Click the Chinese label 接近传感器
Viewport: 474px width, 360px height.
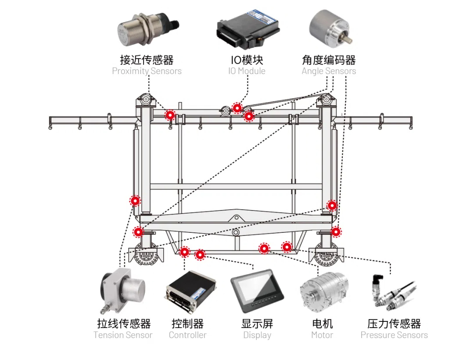tap(147, 60)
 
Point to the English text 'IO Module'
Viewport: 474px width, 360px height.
tap(247, 71)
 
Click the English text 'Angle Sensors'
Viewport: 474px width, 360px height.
tap(329, 71)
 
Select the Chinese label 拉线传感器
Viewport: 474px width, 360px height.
tap(124, 324)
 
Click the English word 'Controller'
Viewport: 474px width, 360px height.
tap(187, 335)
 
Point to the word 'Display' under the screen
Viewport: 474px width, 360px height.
tap(257, 335)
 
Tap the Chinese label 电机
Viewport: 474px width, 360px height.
tap(323, 324)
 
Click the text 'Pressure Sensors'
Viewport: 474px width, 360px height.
tap(394, 335)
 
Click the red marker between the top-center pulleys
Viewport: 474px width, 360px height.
tap(237, 108)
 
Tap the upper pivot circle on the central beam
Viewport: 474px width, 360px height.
tap(236, 217)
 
